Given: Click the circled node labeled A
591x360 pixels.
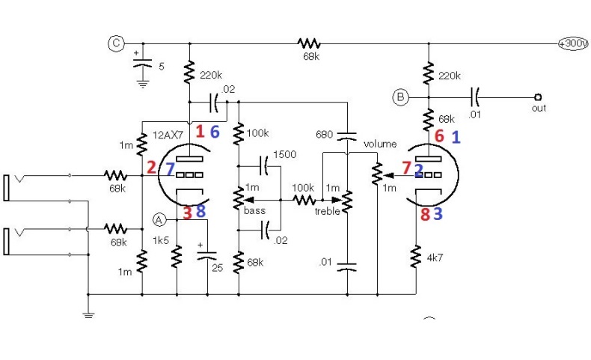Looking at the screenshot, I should (x=159, y=219).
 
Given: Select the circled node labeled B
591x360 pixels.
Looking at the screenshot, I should (x=401, y=97).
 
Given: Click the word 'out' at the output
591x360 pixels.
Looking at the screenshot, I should (x=539, y=108).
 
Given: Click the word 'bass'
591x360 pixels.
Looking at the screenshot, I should (x=254, y=211).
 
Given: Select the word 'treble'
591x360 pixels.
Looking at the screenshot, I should (x=328, y=211).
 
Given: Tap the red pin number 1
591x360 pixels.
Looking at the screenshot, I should (x=200, y=132).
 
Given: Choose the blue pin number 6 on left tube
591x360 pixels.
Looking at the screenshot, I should (x=215, y=132).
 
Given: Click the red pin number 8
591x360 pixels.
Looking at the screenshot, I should (x=424, y=215).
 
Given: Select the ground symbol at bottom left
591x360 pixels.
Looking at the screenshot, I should (x=88, y=314).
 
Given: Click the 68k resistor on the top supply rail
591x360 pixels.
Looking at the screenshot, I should (x=308, y=43).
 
